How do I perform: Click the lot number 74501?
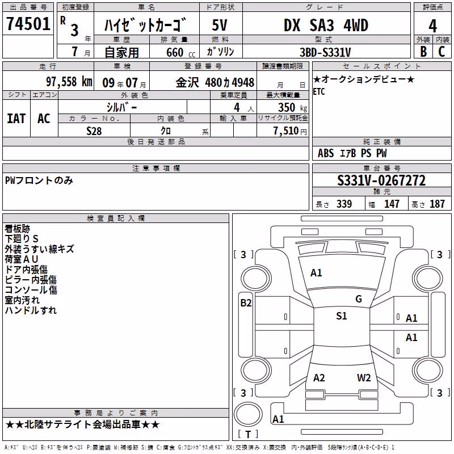pyautogui.click(x=28, y=24)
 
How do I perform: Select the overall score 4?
pyautogui.click(x=432, y=26)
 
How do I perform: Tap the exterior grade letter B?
pyautogui.click(x=423, y=52)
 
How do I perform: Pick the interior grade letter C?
pyautogui.click(x=442, y=52)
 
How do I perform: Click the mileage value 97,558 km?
pyautogui.click(x=69, y=82)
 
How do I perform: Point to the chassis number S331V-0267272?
pyautogui.click(x=381, y=180)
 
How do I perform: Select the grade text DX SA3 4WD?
pyautogui.click(x=326, y=26)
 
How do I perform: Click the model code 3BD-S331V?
pyautogui.click(x=325, y=52)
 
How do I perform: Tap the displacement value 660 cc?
pyautogui.click(x=180, y=53)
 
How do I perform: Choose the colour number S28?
pyautogui.click(x=94, y=131)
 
